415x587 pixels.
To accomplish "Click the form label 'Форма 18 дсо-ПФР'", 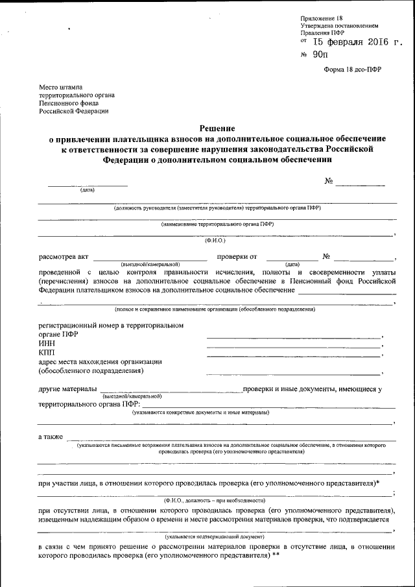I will (353, 70).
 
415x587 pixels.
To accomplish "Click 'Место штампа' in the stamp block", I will (62, 86).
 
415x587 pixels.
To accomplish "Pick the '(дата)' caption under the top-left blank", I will (88, 190).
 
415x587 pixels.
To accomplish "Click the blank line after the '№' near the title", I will (360, 186).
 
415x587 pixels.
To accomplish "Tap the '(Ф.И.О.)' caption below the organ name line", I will (214, 241).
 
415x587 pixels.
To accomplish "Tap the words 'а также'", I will (51, 437).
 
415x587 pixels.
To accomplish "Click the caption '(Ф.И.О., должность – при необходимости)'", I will (215, 501).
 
